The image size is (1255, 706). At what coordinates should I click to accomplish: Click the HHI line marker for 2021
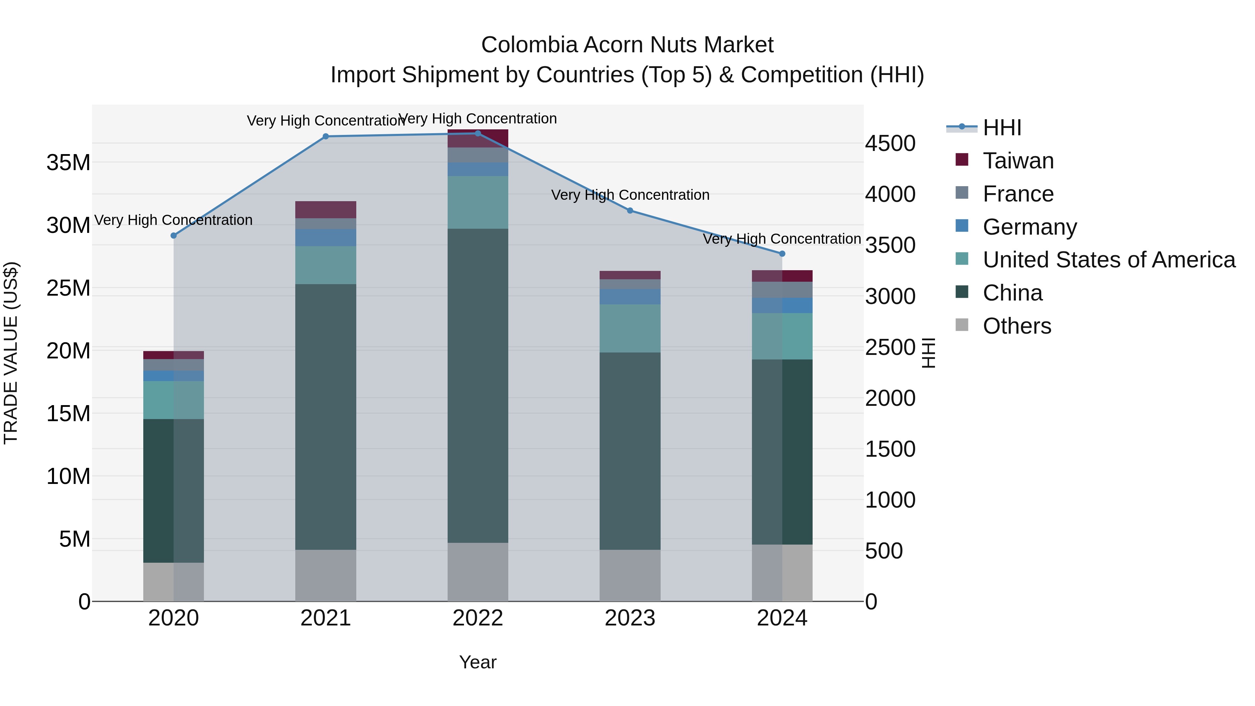coord(326,136)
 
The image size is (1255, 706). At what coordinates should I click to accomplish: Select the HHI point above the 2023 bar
coord(630,211)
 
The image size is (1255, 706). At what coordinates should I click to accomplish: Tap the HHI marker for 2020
coord(174,235)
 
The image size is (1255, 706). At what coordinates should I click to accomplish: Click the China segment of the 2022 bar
coord(478,385)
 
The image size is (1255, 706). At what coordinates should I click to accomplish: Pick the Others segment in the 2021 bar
coord(326,575)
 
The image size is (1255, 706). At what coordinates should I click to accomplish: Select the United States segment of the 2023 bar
coord(630,328)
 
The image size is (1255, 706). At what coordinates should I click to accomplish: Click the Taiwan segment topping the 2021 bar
coord(326,210)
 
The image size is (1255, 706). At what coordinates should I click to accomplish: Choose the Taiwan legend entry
coord(1018,161)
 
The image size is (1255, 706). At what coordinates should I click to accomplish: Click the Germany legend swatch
coord(962,226)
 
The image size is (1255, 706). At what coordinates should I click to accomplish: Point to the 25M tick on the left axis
coord(68,288)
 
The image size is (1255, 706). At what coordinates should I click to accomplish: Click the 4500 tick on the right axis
coord(890,144)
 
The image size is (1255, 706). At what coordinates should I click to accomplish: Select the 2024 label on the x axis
coord(782,618)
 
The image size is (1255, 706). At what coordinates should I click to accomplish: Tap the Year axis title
coord(478,662)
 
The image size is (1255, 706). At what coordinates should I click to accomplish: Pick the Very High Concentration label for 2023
coord(630,195)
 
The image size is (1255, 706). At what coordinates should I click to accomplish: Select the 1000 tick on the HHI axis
coord(890,500)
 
